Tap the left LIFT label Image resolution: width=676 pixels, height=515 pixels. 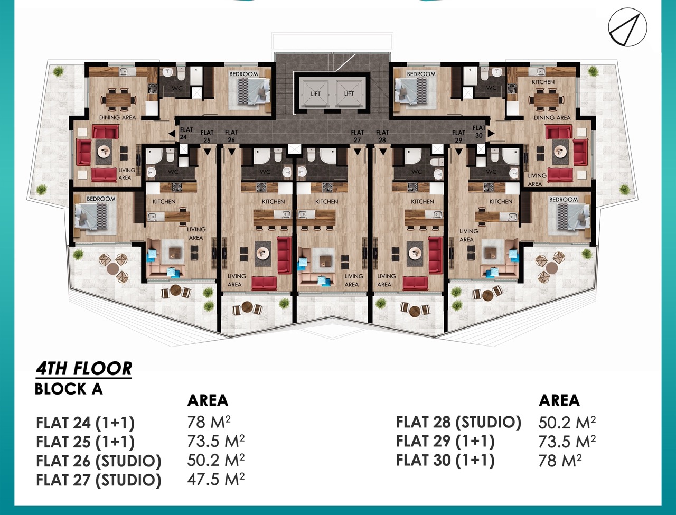315,93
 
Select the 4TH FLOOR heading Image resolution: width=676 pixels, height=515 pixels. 84,369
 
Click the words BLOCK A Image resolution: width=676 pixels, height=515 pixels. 68,389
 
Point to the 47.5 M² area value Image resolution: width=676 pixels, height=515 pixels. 216,479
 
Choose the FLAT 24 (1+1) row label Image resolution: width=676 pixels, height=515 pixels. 86,423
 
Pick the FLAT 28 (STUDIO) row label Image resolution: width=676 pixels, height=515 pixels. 458,422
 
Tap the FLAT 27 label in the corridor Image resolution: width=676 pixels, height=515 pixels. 357,136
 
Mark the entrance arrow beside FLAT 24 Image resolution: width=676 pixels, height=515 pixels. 172,134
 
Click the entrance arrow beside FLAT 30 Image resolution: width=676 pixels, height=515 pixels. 491,134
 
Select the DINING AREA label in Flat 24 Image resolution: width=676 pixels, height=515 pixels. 117,117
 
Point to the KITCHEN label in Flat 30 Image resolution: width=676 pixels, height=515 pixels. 543,82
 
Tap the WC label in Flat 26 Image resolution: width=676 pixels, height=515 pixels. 265,171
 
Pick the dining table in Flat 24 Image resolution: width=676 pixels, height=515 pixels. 119,99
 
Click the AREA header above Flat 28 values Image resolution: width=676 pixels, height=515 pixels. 559,400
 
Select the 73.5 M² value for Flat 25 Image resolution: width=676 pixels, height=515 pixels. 216,441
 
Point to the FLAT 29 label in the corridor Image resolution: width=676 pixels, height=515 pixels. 458,136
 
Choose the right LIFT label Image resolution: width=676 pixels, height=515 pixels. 349,93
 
